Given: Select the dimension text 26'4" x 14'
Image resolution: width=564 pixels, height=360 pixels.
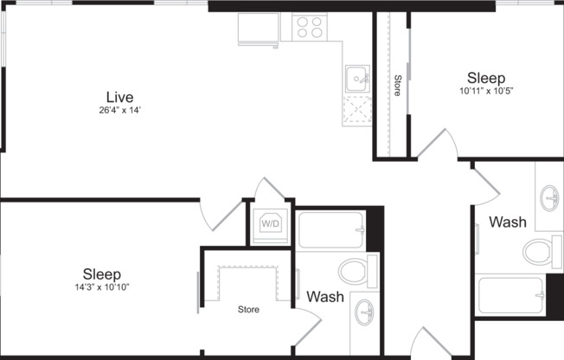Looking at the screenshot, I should (120, 110).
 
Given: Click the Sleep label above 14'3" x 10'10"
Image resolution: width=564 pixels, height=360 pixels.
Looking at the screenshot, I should (101, 273).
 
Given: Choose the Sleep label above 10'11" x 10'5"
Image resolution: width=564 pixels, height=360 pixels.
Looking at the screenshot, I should (485, 77).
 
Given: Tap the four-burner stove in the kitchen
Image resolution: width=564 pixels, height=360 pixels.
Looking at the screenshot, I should (309, 28).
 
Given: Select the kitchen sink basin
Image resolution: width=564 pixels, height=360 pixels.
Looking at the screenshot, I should (356, 80).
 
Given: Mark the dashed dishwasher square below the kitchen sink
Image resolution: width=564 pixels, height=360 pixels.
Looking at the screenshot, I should (356, 111).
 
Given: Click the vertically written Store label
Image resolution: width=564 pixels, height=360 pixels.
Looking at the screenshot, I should (397, 86).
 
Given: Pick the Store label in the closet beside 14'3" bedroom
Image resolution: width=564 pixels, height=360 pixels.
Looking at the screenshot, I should (250, 307).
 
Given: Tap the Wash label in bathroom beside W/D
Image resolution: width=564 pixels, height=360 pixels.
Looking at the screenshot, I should (325, 297).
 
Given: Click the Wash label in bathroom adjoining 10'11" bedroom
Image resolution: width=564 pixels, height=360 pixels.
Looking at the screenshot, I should (507, 222).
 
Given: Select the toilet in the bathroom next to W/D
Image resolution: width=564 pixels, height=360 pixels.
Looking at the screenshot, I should (357, 271).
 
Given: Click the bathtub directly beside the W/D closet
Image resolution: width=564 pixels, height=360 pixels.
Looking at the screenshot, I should (331, 229).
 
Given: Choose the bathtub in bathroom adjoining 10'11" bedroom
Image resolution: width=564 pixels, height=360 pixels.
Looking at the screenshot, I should (511, 295).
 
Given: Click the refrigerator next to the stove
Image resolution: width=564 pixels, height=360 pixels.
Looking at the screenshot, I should (259, 29).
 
